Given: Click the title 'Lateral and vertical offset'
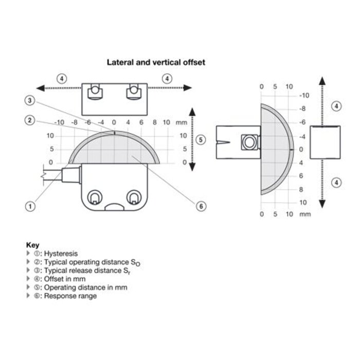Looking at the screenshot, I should point(156,62).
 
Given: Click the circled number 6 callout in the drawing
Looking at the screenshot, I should point(202,206).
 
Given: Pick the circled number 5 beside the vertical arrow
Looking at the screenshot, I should point(201,139).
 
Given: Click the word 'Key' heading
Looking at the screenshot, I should point(32,245).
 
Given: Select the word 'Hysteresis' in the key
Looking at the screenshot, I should point(61,254).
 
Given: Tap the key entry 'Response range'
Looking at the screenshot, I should point(70,296).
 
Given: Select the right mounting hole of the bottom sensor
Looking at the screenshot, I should point(135,197).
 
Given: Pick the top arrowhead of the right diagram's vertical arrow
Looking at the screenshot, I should point(322,80).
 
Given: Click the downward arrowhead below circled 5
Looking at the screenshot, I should point(191,167).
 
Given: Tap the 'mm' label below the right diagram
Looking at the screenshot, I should point(305,214).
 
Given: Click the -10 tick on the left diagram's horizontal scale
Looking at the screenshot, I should point(59,123).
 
